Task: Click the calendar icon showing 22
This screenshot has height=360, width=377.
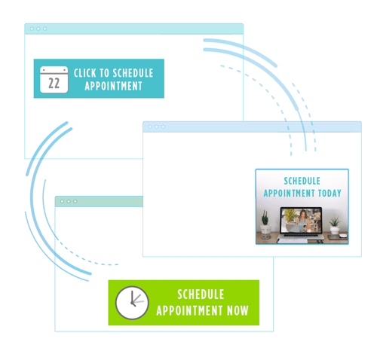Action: (54, 80)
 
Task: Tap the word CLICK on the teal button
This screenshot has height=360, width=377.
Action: (85, 73)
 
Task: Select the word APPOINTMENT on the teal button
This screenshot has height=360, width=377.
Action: (113, 86)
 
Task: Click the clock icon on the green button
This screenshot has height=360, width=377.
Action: (132, 303)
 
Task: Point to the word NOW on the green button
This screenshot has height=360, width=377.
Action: (238, 310)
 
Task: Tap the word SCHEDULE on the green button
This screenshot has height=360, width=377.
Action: (201, 294)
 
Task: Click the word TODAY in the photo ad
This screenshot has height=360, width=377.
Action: (329, 193)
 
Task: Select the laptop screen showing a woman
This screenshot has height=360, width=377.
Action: (301, 221)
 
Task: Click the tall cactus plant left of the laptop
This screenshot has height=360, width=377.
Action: (265, 218)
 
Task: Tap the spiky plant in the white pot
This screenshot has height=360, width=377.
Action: (335, 225)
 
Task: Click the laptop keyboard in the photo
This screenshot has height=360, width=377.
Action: (300, 238)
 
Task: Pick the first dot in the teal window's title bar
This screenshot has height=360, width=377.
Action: (32, 29)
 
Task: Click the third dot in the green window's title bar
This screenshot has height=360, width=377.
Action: (75, 201)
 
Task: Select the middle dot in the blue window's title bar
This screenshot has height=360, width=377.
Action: (157, 127)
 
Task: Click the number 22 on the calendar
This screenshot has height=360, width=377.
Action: (54, 84)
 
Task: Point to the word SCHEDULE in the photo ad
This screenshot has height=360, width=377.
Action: (302, 181)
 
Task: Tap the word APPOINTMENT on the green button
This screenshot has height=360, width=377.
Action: (189, 310)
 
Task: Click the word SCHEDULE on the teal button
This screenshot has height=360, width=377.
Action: (133, 73)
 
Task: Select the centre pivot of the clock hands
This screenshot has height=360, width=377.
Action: (132, 303)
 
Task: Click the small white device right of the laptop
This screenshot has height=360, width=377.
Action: (343, 236)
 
